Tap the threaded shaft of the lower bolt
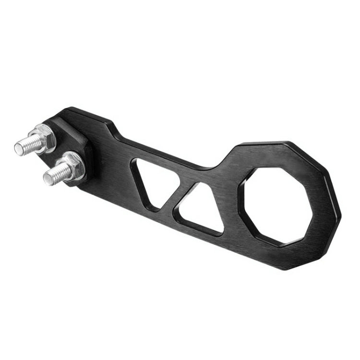[x=54, y=174]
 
